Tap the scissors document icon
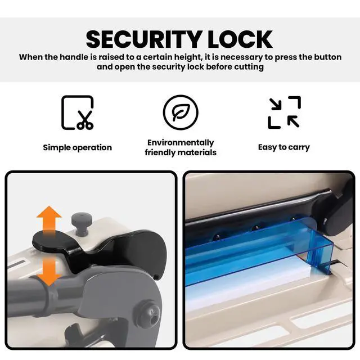(78, 112)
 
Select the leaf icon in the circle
(181, 112)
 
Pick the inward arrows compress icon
(284, 112)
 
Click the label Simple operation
(78, 147)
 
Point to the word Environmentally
(181, 143)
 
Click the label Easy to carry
(283, 147)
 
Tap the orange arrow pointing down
(49, 271)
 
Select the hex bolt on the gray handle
(150, 314)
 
